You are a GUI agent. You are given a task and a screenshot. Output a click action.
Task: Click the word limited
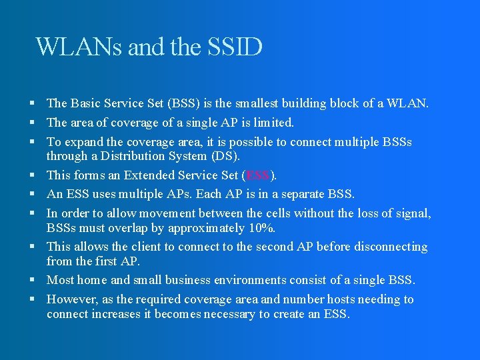(x=271, y=123)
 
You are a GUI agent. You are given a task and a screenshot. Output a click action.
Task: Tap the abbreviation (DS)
(x=225, y=156)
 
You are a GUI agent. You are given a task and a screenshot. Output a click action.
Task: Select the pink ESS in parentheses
(x=258, y=175)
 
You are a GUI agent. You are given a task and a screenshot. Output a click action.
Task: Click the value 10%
(x=261, y=227)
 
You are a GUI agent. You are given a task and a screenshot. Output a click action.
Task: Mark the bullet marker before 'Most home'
(x=33, y=280)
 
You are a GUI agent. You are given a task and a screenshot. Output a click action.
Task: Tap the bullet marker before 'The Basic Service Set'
(x=33, y=103)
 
